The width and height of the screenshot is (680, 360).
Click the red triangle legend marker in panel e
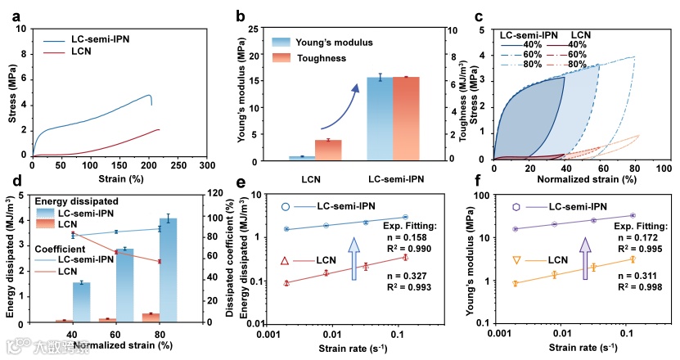tap(285, 260)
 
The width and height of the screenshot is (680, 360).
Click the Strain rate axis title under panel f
tap(579, 349)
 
